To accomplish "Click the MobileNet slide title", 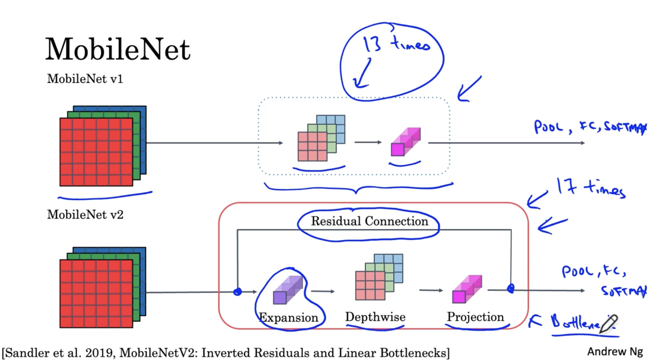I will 118,49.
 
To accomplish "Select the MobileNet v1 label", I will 85,79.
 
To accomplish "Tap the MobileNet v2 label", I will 85,215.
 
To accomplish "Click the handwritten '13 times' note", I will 396,44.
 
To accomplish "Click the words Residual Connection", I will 370,221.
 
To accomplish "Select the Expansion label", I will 288,317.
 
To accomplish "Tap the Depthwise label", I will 375,317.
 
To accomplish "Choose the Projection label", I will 475,317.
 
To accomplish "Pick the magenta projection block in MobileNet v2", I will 467,289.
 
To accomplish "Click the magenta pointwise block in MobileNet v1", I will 405,142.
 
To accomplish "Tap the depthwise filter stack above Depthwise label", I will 379,277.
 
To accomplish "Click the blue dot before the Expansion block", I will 237,291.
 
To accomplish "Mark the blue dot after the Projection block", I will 511,289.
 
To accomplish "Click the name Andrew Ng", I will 615,352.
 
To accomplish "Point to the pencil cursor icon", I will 609,323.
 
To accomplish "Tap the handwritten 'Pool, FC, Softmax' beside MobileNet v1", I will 590,127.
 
